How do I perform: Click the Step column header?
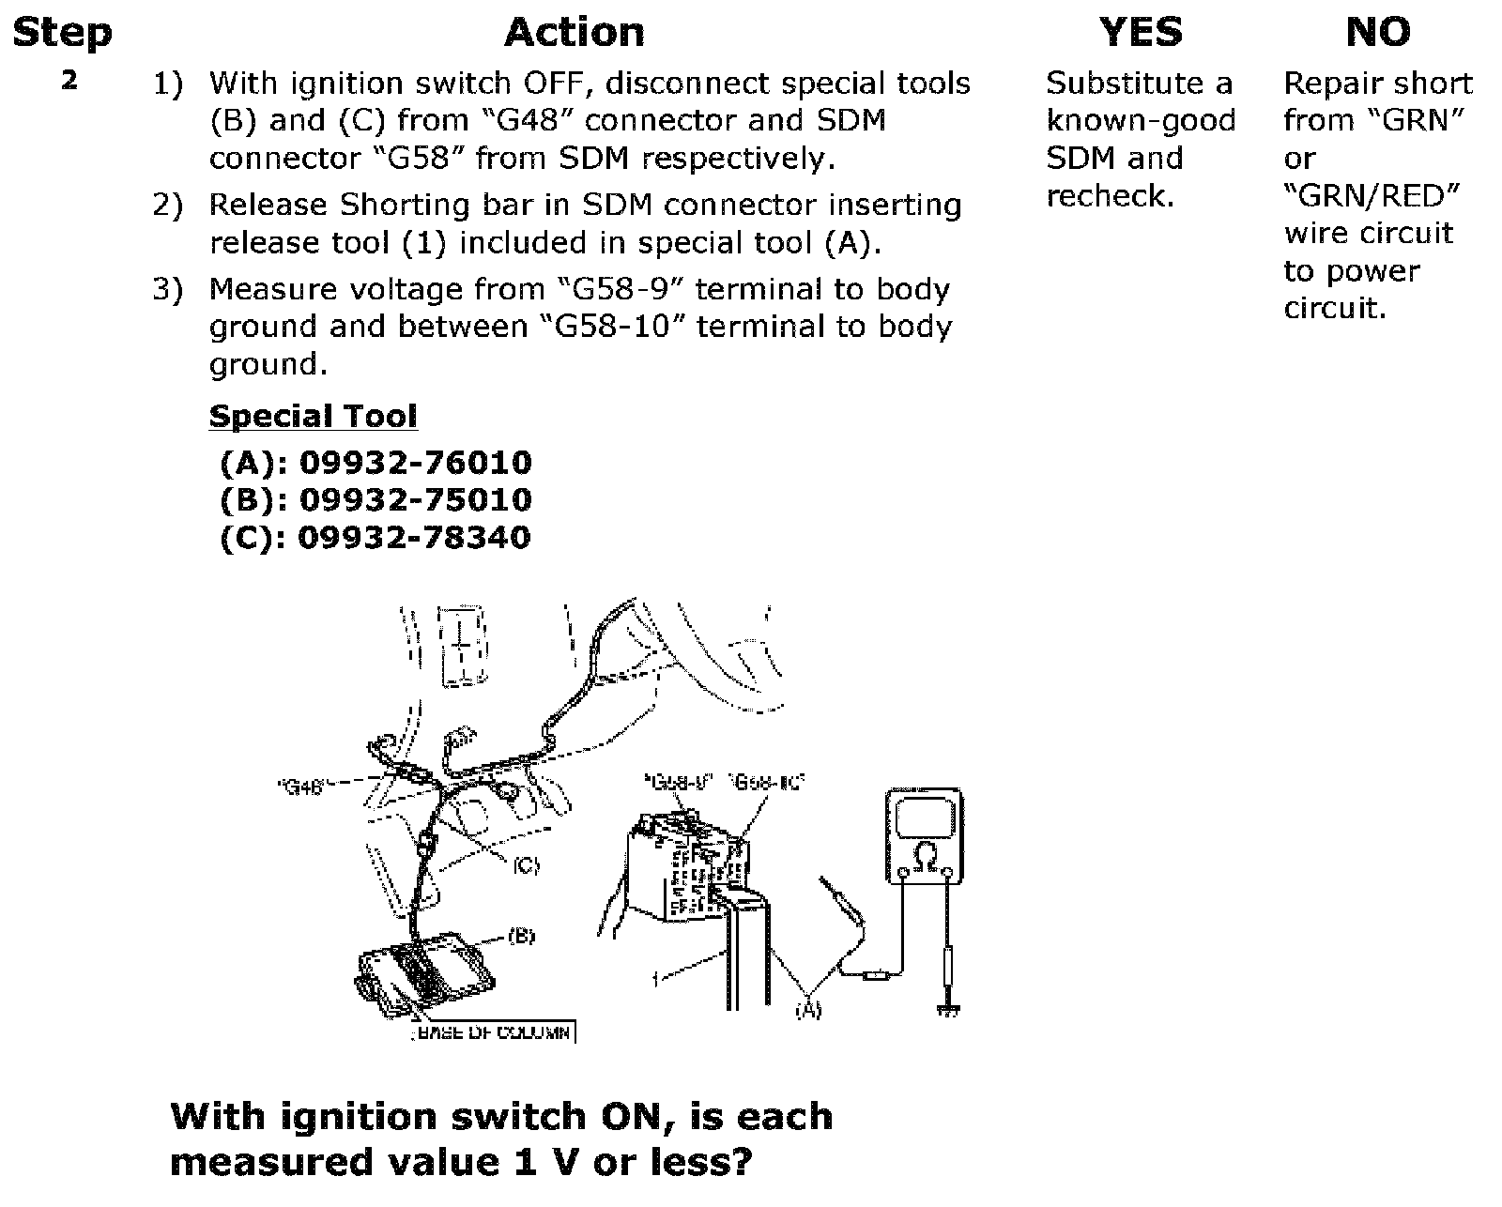pos(62,33)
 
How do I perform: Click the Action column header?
pos(575,33)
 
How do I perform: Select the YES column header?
pos(1141,33)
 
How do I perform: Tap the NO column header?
pos(1377,33)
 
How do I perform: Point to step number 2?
pos(69,81)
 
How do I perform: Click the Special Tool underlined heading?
pos(313,416)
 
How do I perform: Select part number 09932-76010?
pos(415,462)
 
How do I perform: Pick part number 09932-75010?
pos(415,499)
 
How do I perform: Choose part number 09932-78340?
pos(414,537)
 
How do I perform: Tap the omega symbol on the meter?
pos(925,856)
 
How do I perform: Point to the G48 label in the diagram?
pos(301,787)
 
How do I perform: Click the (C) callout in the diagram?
pos(526,865)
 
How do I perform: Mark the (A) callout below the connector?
pos(807,1010)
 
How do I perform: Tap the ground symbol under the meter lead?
pos(948,1011)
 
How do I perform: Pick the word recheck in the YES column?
pos(1110,196)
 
